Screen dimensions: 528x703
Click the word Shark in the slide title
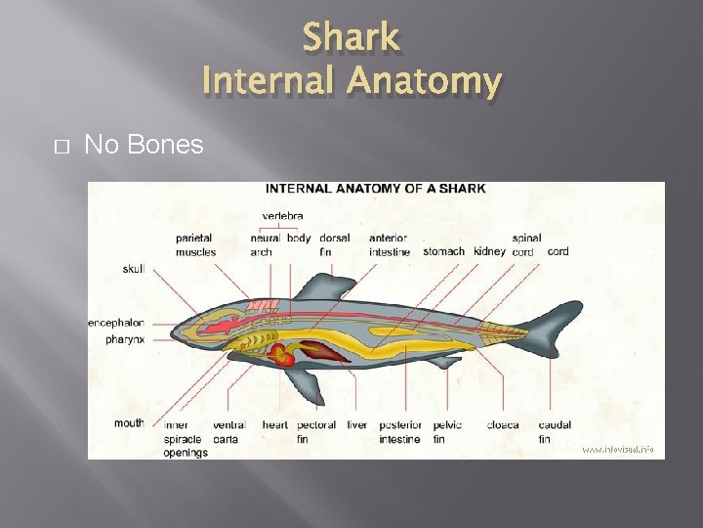point(351,38)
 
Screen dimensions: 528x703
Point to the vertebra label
point(282,216)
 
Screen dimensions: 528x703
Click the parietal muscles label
point(195,244)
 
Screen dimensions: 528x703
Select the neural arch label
point(264,244)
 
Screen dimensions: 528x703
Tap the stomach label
point(444,251)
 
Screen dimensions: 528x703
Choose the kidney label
point(489,251)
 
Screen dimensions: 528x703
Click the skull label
point(133,269)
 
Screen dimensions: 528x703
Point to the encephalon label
point(116,322)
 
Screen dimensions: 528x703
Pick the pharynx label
point(127,339)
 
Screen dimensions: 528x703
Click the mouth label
point(129,423)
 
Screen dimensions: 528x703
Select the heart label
point(275,425)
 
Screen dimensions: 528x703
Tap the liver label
point(357,425)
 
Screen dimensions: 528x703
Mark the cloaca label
point(503,425)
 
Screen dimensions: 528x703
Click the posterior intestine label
point(400,432)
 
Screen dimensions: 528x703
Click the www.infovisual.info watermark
point(618,450)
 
